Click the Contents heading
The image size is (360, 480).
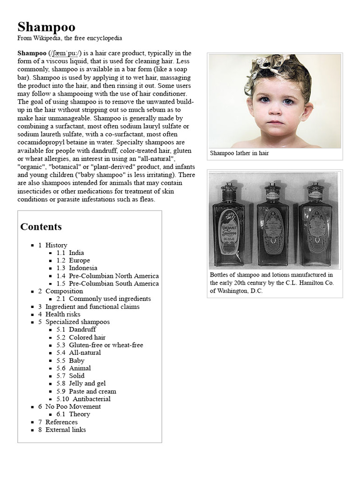[41, 227]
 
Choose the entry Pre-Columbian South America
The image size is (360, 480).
[113, 284]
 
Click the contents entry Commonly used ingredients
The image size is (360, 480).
[110, 299]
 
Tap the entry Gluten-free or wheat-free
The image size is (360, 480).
[106, 345]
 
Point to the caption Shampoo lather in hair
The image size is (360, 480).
[240, 153]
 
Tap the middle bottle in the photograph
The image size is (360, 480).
[273, 225]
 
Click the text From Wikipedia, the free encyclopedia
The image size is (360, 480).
[70, 38]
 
